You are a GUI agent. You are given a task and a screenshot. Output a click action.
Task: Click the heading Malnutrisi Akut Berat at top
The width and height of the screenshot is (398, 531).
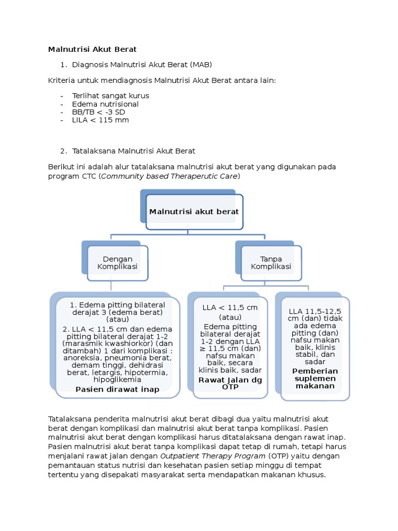tap(92, 49)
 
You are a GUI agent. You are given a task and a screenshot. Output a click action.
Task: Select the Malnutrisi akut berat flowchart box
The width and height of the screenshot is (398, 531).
tap(194, 212)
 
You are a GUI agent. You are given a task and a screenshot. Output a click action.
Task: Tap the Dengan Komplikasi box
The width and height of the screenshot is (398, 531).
tap(118, 263)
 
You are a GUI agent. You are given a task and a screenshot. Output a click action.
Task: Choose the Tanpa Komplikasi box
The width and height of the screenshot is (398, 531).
tap(271, 263)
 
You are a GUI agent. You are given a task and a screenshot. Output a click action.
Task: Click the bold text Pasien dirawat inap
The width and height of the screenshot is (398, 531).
tap(117, 389)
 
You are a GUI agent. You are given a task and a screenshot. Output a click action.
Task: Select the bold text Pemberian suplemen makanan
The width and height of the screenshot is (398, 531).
tap(315, 379)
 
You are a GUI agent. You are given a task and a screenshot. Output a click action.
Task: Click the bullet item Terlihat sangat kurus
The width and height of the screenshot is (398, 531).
tap(111, 96)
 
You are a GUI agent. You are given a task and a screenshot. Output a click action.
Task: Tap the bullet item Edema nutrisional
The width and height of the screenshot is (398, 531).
tap(106, 104)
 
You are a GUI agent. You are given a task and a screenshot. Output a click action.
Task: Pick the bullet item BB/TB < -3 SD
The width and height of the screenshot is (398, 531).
tap(99, 112)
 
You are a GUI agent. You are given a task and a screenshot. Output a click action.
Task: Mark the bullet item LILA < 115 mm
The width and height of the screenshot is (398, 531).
tap(101, 120)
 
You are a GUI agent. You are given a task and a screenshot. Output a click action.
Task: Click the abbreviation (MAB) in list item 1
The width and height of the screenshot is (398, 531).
tap(201, 64)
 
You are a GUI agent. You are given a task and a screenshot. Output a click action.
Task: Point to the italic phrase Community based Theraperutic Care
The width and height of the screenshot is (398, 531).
tap(169, 176)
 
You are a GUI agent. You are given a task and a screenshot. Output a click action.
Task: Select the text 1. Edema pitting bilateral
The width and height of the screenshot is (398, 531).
tap(118, 305)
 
